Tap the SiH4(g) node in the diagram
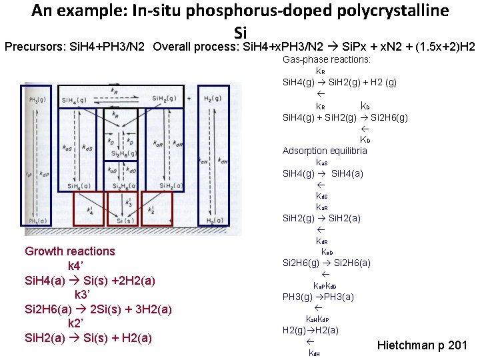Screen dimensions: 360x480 pyautogui.click(x=74, y=100)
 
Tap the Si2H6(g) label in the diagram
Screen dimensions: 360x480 pyautogui.click(x=119, y=155)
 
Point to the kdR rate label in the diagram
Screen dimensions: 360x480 pyautogui.click(x=177, y=145)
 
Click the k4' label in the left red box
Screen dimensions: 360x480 pyautogui.click(x=91, y=210)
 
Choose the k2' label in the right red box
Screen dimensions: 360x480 pyautogui.click(x=157, y=210)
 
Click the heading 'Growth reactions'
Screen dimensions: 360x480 pyautogui.click(x=70, y=251)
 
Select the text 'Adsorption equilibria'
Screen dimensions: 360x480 pyautogui.click(x=325, y=151)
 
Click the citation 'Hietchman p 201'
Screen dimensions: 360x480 pyautogui.click(x=422, y=345)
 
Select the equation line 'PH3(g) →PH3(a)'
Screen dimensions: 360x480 pyautogui.click(x=318, y=297)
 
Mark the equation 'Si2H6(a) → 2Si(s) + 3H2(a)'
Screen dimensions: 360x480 pyautogui.click(x=98, y=309)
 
